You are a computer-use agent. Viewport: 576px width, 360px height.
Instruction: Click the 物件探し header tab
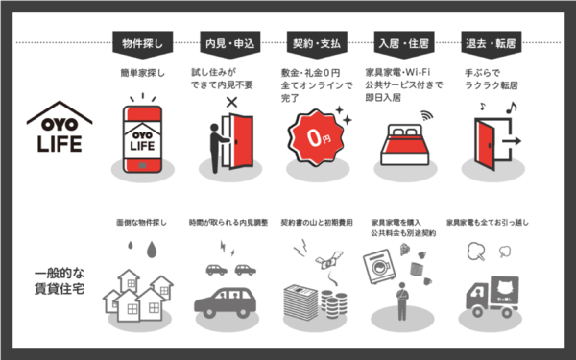(144, 44)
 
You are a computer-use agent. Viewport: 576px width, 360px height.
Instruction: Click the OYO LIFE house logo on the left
(59, 131)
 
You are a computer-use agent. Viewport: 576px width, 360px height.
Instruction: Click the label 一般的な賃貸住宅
(59, 278)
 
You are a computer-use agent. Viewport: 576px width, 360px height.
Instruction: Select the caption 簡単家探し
(144, 73)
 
